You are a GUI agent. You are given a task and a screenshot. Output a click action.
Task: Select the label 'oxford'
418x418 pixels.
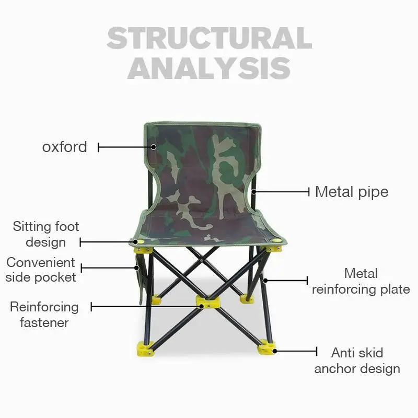65,147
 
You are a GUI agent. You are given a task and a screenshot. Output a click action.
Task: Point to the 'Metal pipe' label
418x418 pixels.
352,192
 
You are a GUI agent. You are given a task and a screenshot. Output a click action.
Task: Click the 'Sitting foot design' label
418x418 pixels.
46,234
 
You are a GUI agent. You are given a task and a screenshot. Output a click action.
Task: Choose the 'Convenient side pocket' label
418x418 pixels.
41,270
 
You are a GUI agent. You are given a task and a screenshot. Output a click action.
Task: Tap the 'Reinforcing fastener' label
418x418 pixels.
44,315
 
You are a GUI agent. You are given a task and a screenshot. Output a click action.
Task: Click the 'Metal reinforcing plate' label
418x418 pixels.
361,281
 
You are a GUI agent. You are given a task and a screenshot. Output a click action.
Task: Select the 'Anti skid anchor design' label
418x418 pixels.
357,361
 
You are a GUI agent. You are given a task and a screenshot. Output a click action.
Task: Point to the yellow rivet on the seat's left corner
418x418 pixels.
137,241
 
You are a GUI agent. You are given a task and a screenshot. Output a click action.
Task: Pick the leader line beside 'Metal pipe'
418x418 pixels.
282,192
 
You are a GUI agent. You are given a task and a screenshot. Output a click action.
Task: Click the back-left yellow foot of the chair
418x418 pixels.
156,300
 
